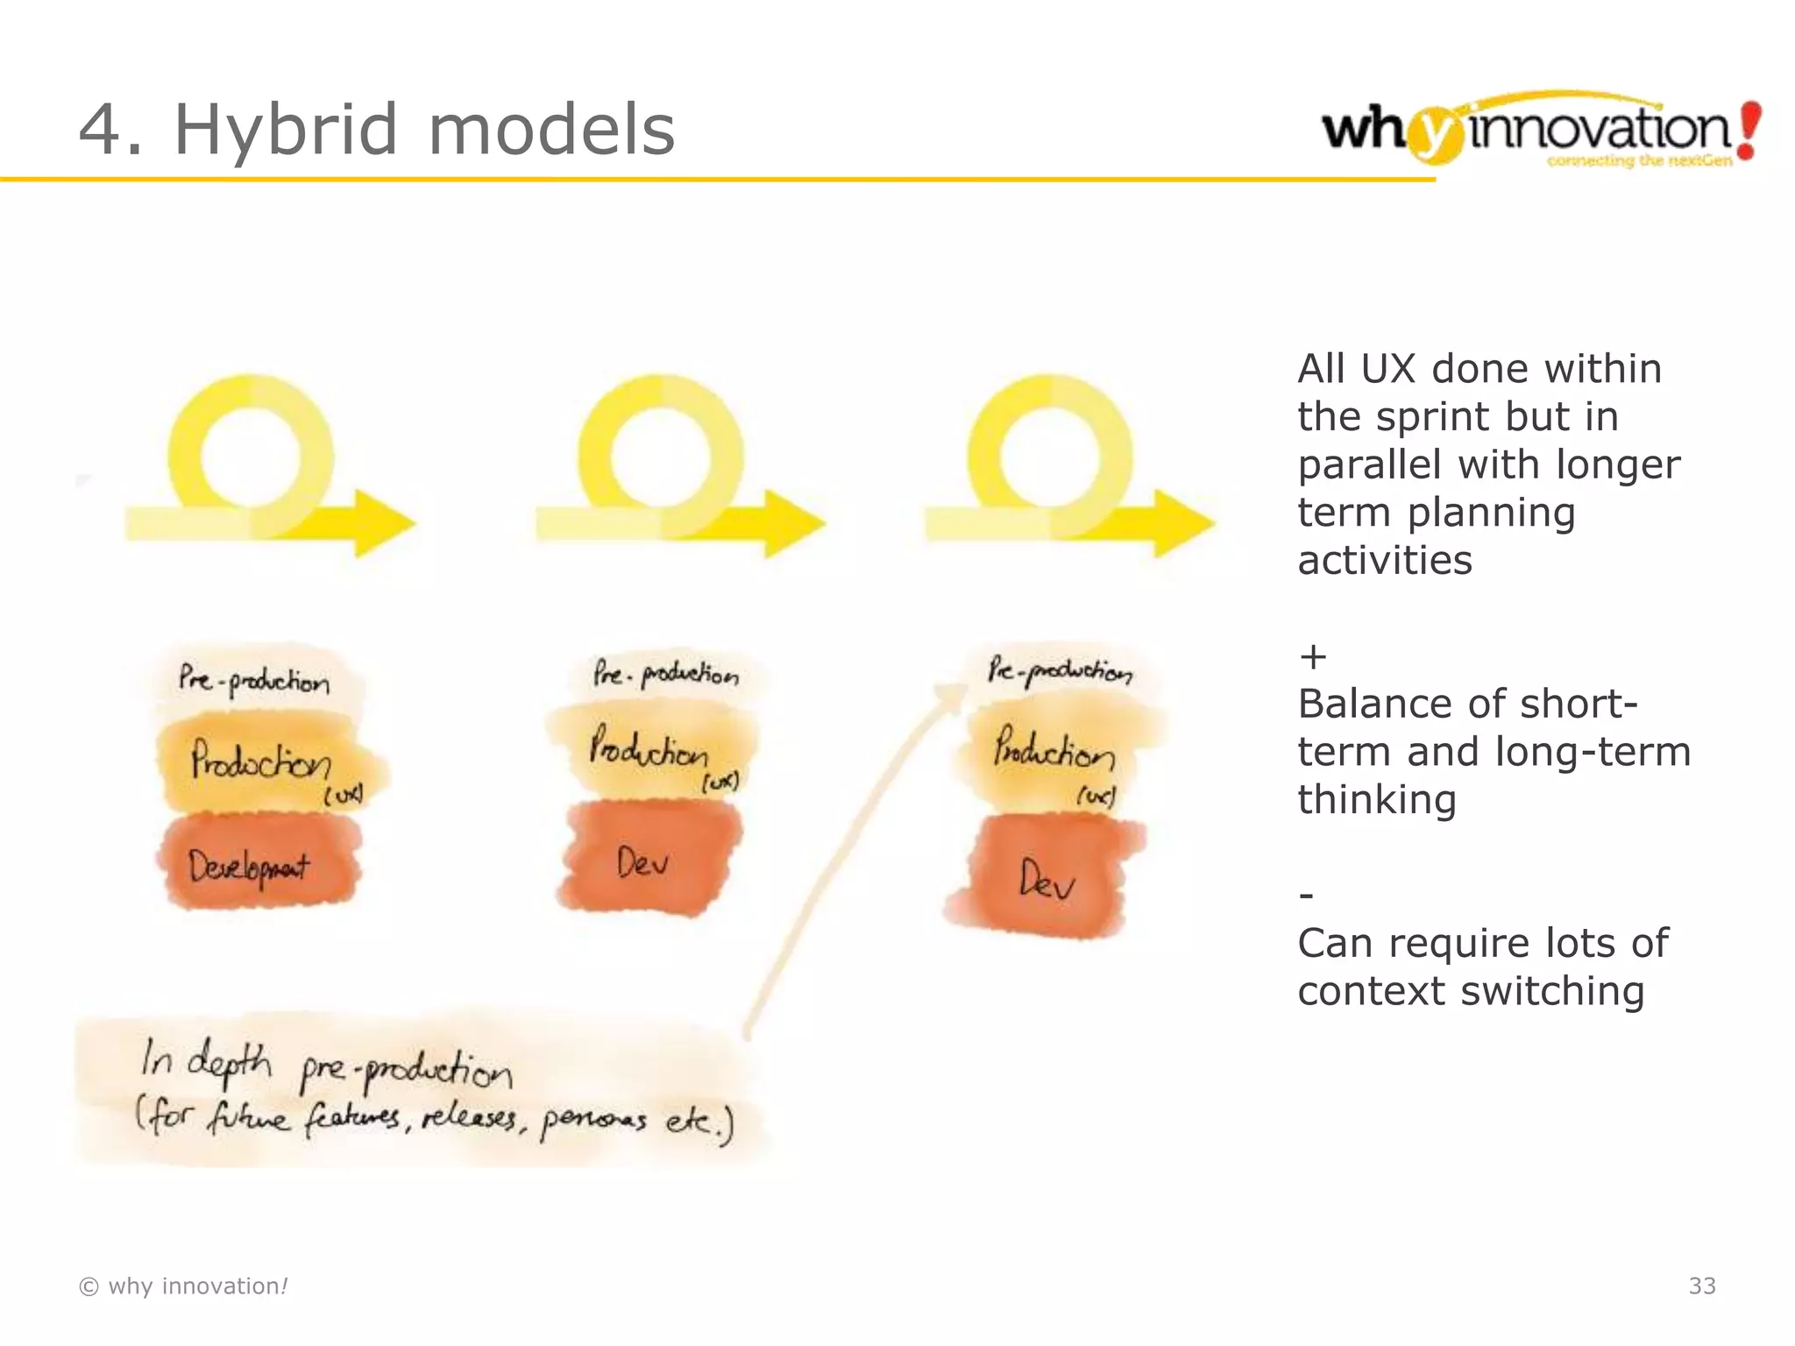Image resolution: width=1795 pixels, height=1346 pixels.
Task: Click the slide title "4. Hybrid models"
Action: (x=377, y=130)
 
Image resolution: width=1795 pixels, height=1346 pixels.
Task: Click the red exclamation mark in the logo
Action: (x=1749, y=130)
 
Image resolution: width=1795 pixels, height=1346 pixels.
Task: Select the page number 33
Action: (x=1701, y=1286)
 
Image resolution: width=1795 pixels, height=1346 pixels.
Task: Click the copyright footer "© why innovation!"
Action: (x=183, y=1286)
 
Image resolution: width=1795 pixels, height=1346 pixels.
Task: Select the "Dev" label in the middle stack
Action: (x=642, y=863)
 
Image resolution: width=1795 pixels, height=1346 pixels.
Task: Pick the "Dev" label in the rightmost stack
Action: (x=1046, y=879)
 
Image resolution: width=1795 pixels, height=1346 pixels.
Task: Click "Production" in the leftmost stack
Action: (x=260, y=760)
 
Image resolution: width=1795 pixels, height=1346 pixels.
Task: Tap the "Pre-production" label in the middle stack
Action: (x=666, y=674)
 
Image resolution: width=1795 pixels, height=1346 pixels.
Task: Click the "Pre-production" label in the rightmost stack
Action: (x=1060, y=671)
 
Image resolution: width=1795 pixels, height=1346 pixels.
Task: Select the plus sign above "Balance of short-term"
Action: (x=1312, y=656)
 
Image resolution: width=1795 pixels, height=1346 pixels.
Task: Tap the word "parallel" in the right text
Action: (x=1370, y=464)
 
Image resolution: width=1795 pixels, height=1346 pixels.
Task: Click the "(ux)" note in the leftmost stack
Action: (x=343, y=796)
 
